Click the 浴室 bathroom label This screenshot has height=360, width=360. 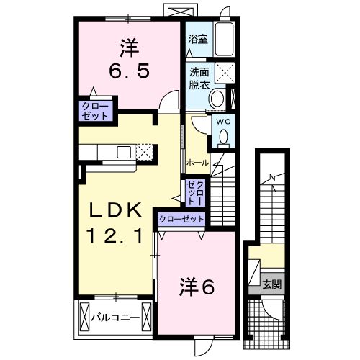click(x=198, y=40)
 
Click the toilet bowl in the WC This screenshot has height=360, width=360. click(x=222, y=136)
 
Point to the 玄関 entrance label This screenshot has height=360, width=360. click(x=271, y=284)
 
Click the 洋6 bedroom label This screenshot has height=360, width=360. click(x=196, y=287)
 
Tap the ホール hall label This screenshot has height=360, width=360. click(x=198, y=163)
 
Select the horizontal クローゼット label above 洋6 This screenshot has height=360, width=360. click(x=181, y=219)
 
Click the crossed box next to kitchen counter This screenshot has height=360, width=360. click(x=145, y=151)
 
